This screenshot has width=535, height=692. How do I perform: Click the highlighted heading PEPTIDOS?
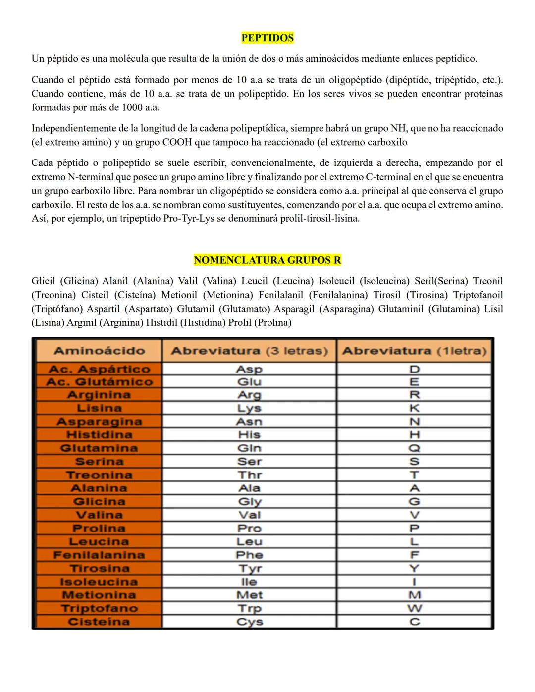tap(267, 38)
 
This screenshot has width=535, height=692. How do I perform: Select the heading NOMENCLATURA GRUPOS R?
tap(267, 260)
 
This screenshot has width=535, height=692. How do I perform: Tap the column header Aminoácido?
tap(99, 351)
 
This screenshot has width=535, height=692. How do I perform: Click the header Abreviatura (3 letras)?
tap(249, 351)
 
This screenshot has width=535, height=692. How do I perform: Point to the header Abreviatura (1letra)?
tap(414, 351)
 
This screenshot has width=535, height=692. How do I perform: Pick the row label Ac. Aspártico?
tap(99, 369)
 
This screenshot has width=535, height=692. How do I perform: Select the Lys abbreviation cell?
tap(249, 409)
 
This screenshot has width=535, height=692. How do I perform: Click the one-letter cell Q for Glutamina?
tap(415, 448)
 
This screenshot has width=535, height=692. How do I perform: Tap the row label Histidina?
tap(99, 435)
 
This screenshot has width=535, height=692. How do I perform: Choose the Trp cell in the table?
tap(249, 609)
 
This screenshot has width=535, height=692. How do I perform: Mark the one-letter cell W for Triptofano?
tap(415, 609)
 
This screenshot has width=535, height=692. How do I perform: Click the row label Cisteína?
tap(99, 622)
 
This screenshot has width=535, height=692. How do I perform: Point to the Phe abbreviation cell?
tap(249, 555)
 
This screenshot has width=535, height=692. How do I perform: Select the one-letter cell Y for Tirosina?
tap(415, 569)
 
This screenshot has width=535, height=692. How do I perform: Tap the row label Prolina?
tap(99, 529)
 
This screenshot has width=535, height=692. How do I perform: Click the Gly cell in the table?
tap(249, 502)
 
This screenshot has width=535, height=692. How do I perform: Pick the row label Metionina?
tap(99, 595)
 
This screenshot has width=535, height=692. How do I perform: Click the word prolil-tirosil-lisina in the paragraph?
tap(320, 219)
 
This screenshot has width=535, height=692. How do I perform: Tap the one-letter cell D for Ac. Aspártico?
tap(415, 369)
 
